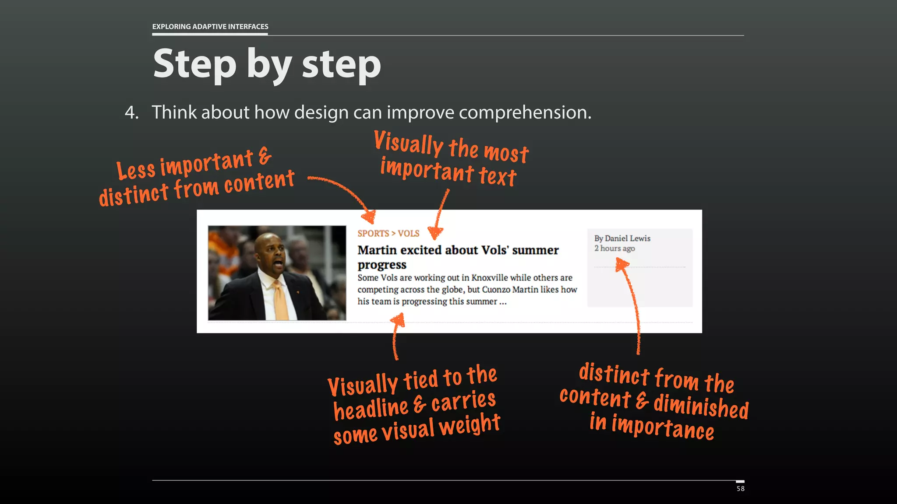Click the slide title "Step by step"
pos(267,64)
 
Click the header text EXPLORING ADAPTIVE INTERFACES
pos(210,26)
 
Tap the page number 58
pos(740,489)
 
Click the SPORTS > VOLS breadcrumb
pos(388,233)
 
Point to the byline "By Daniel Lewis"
pos(622,238)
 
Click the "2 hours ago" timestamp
pos(614,248)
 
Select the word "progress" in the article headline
pos(381,265)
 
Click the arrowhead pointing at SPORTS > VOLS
pos(369,217)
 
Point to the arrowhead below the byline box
pos(622,264)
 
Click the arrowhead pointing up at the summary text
pos(398,319)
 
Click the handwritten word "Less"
pos(136,170)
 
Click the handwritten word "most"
pos(506,152)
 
